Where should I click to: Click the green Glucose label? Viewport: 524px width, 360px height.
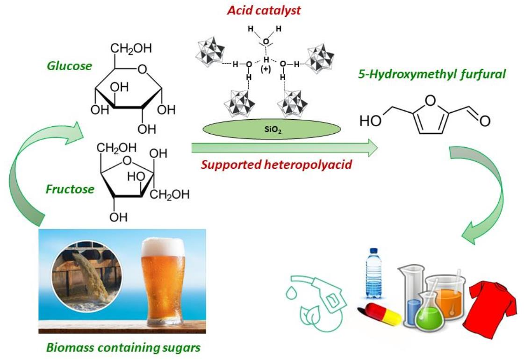(69, 66)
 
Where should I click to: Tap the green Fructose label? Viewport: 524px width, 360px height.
(70, 190)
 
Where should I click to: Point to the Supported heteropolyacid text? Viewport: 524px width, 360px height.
(276, 165)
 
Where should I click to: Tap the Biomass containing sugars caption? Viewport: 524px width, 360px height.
(123, 348)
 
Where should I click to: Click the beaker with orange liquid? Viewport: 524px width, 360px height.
(447, 295)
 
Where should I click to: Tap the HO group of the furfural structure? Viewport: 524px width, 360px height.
(369, 121)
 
